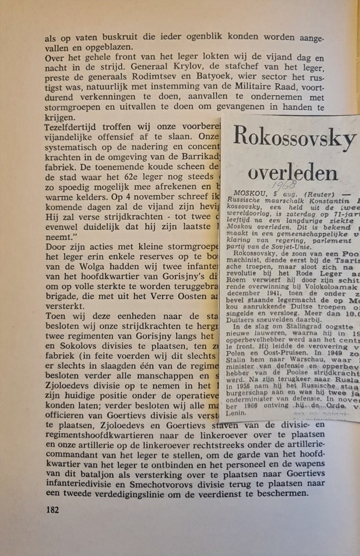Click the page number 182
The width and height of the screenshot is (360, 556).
[x=53, y=510]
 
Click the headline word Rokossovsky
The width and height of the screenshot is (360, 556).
[x=294, y=136]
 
